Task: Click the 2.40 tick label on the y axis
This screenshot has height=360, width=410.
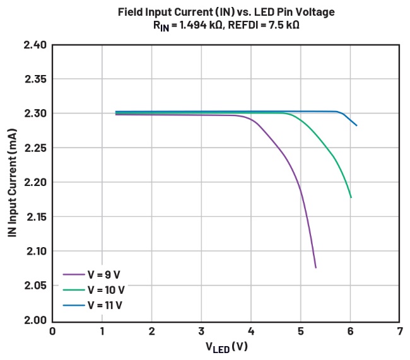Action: click(35, 45)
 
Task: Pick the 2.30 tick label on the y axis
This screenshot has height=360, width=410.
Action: click(35, 113)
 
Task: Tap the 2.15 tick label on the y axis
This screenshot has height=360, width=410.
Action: click(35, 217)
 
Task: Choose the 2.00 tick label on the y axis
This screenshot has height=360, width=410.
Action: click(35, 320)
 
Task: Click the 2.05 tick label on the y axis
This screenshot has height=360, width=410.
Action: click(35, 286)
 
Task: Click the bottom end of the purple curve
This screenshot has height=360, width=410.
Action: click(315, 267)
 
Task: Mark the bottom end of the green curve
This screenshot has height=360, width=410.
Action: click(351, 197)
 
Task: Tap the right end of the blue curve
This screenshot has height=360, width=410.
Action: click(356, 125)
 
